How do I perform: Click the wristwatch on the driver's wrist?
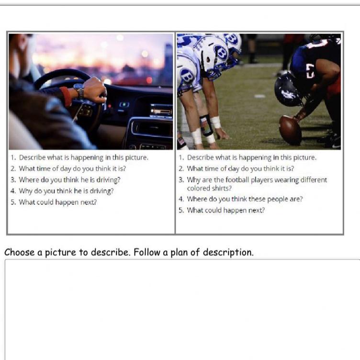click(x=79, y=90)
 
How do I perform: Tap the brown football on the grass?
click(x=290, y=130)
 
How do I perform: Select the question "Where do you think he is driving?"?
click(x=69, y=180)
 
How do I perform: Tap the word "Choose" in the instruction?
click(x=19, y=252)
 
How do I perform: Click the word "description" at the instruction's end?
click(x=228, y=253)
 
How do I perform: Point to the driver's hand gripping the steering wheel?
click(x=95, y=90)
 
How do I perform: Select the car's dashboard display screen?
click(x=161, y=111)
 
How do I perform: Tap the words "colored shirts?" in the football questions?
click(x=209, y=188)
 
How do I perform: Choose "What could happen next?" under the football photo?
click(x=225, y=210)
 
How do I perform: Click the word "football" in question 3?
click(x=237, y=180)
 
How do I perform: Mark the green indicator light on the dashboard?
click(x=124, y=105)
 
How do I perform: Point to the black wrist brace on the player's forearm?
click(x=206, y=125)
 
